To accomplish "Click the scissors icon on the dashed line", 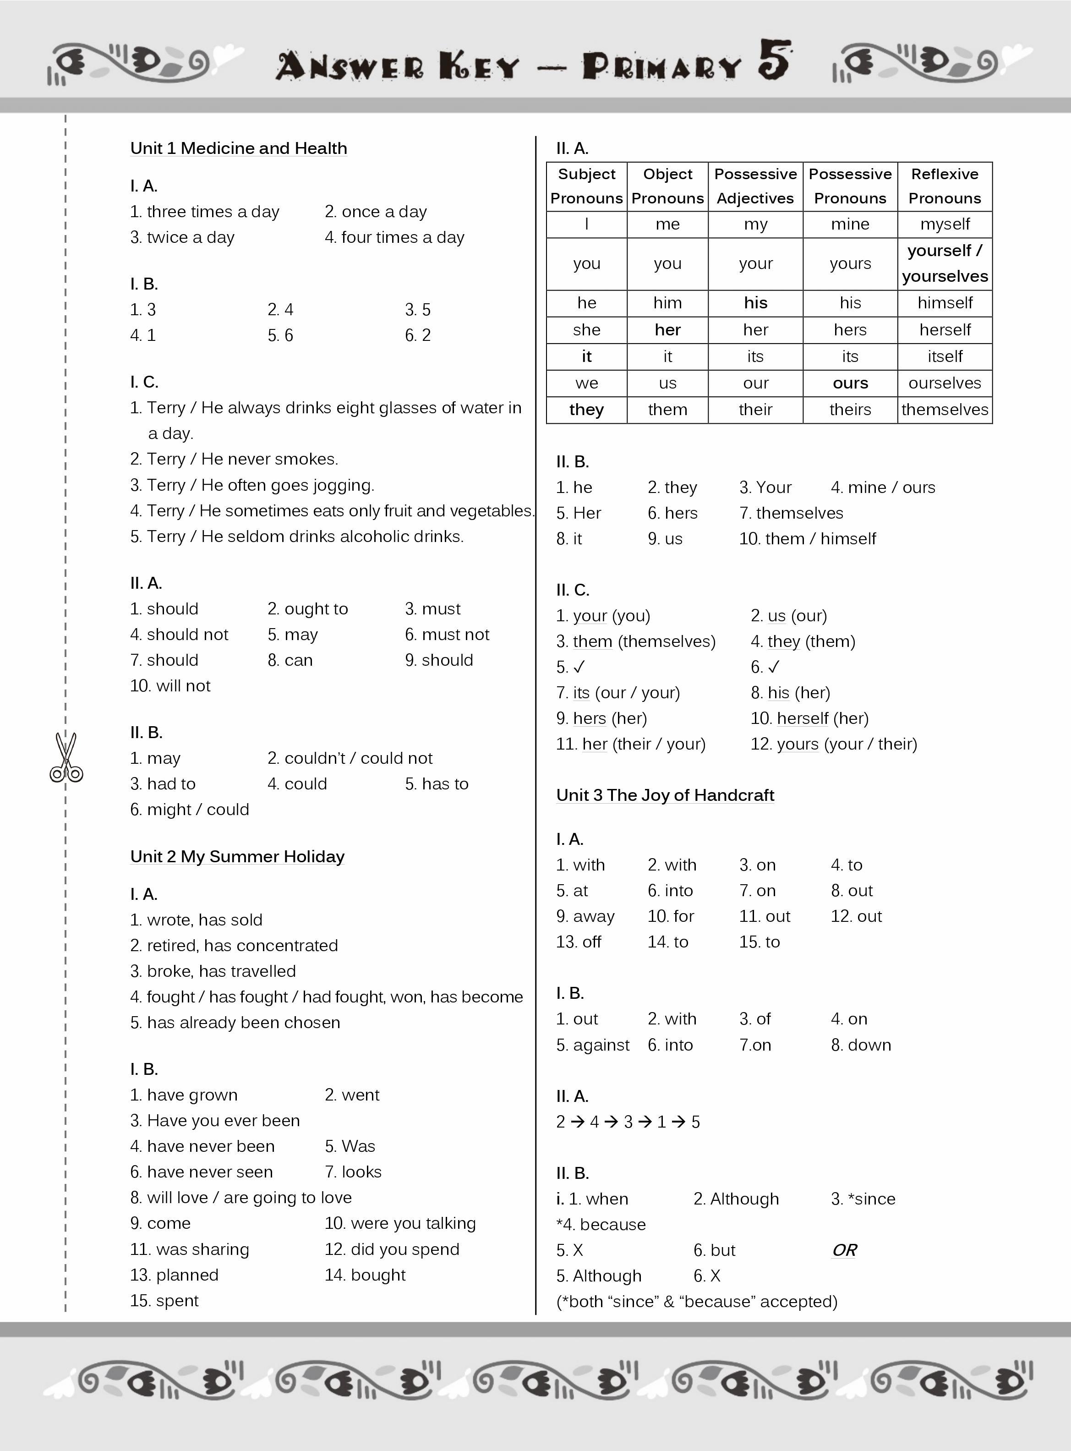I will (66, 757).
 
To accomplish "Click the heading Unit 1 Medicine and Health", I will (239, 148).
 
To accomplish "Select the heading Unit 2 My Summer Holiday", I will (237, 856).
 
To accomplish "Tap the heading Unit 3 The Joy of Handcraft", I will (665, 795).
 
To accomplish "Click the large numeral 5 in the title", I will (776, 60).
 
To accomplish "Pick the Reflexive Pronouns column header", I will (945, 186).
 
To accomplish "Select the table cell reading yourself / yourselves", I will (945, 263).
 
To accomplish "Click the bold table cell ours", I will (850, 383).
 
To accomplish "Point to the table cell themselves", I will (945, 410).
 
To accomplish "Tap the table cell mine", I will (850, 224).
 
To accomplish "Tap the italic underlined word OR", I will (844, 1250).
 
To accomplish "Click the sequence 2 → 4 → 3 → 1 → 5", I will (628, 1122).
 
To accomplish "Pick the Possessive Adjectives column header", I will (755, 186).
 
